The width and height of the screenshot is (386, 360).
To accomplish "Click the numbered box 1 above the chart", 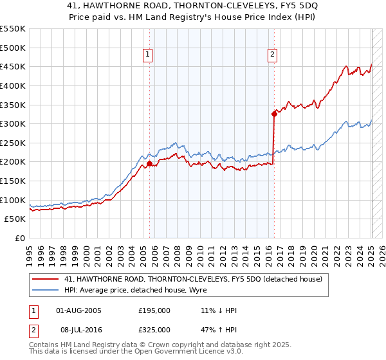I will pyautogui.click(x=148, y=55).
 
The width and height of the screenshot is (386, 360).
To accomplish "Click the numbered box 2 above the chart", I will pyautogui.click(x=273, y=55).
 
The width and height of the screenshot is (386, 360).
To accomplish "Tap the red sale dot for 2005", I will pyautogui.click(x=149, y=164).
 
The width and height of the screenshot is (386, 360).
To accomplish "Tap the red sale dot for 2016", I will pyautogui.click(x=274, y=114).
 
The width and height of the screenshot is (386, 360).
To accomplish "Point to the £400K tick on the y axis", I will pyautogui.click(x=13, y=85).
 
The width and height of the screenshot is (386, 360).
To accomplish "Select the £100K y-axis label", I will pyautogui.click(x=13, y=200).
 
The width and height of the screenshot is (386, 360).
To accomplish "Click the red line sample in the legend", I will pyautogui.click(x=46, y=278).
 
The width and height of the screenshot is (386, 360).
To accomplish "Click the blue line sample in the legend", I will pyautogui.click(x=46, y=290).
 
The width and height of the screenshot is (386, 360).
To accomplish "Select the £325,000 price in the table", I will pyautogui.click(x=154, y=330).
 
